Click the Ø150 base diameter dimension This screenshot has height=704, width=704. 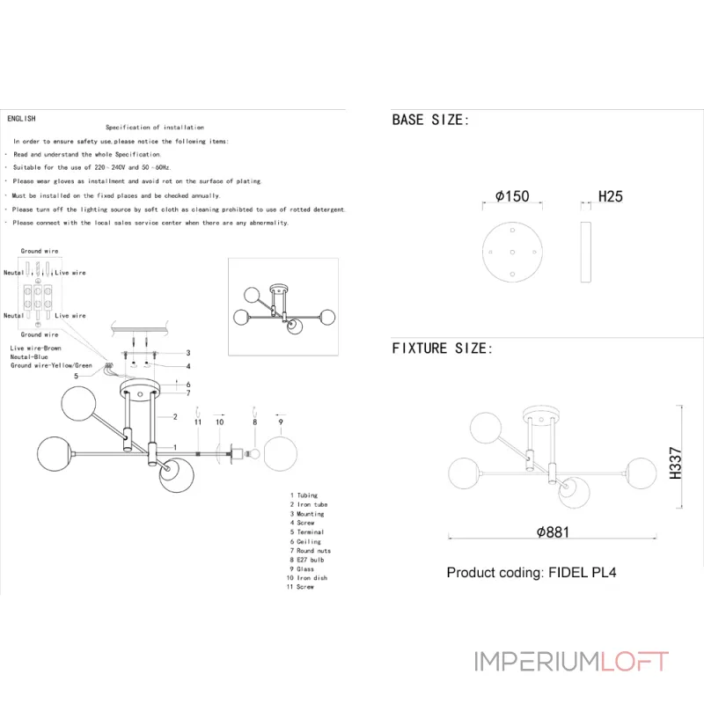tap(512, 196)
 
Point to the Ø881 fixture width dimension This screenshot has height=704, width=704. tap(554, 532)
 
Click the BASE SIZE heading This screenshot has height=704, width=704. tap(430, 121)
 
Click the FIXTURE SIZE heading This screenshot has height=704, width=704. tap(442, 348)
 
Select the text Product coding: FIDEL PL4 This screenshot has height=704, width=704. tap(532, 572)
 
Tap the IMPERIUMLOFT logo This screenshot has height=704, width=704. tap(571, 662)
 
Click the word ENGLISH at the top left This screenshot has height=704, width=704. tap(21, 118)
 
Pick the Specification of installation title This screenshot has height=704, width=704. tap(155, 128)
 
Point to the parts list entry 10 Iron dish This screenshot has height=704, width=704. tap(308, 578)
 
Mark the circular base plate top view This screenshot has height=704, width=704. tap(512, 252)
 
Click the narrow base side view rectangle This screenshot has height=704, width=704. tap(585, 252)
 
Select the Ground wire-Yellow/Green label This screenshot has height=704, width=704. tap(51, 365)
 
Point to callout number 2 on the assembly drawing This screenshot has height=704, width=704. tap(176, 416)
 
